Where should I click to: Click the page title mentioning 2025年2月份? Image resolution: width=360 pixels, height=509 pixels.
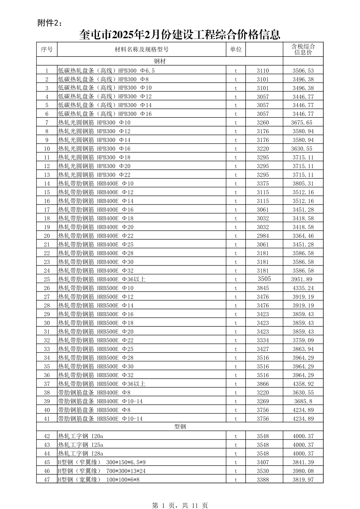[x=180, y=35]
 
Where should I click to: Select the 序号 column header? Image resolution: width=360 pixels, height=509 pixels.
[x=47, y=49]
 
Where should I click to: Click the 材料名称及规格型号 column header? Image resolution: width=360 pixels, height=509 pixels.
[x=142, y=49]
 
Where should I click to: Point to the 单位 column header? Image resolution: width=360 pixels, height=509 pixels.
[x=236, y=49]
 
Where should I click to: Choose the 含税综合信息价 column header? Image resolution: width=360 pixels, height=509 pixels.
[x=303, y=49]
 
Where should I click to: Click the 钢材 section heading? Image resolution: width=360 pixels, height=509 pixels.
[x=160, y=61]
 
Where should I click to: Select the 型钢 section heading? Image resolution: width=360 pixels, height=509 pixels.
[x=180, y=427]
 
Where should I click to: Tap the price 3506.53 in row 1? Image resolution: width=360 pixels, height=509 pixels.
[x=303, y=71]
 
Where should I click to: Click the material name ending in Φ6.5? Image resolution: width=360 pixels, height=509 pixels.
[x=106, y=71]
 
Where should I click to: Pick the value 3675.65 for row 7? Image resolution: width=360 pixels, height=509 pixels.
[x=302, y=123]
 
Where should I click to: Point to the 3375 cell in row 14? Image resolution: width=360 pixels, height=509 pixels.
[x=263, y=184]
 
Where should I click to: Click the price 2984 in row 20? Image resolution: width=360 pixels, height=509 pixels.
[x=263, y=236]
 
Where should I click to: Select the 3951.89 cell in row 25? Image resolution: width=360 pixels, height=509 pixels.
[x=302, y=279]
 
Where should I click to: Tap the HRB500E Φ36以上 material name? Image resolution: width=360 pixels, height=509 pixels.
[x=102, y=384]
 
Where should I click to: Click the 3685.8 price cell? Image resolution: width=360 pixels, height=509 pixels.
[x=303, y=401]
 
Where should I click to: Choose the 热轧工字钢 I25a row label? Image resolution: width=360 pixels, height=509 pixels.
[x=80, y=445]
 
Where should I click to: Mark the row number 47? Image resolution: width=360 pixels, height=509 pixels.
[x=47, y=480]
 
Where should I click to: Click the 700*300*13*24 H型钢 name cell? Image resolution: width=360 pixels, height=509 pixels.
[x=102, y=471]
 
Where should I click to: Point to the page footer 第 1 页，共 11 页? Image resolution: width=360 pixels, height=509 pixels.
[x=180, y=505]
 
